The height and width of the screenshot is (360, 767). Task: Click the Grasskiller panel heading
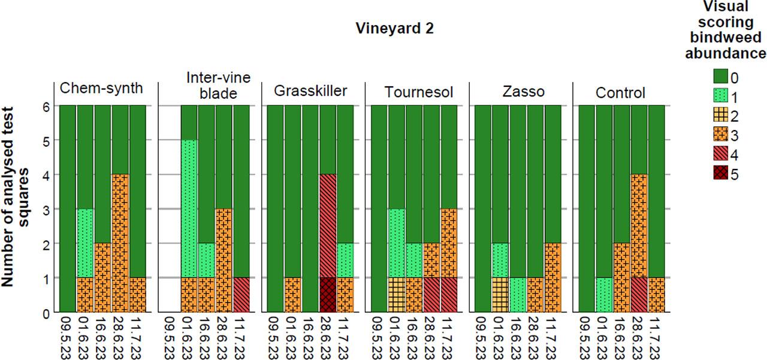point(310,92)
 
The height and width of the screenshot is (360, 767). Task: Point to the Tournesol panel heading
point(418,93)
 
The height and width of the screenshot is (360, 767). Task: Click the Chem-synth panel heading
point(102,89)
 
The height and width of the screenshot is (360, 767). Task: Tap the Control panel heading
point(620,93)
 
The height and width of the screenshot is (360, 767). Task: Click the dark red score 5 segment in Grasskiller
point(327,295)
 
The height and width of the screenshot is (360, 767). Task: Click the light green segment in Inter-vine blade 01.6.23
point(189,209)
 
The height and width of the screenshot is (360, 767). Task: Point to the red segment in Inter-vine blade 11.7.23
point(241,295)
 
